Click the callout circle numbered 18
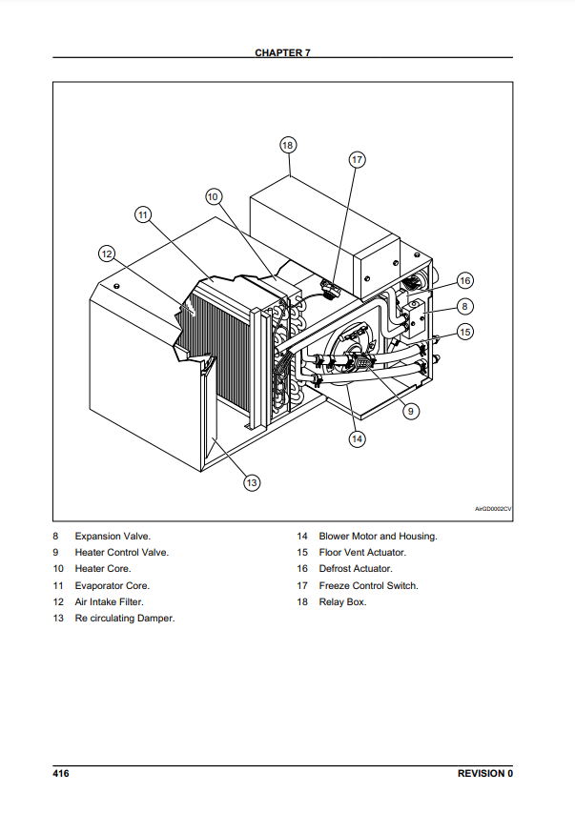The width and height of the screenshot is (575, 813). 288,145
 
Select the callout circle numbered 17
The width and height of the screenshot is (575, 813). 357,159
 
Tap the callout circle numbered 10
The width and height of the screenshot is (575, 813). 214,195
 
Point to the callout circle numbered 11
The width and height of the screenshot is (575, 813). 143,214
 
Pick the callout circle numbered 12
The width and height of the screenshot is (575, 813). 107,254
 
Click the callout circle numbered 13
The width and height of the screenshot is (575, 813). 251,482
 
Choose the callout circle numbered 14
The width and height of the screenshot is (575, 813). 357,439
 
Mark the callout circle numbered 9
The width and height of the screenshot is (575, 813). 409,411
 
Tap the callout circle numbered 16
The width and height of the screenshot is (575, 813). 464,281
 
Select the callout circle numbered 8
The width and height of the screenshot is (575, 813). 464,306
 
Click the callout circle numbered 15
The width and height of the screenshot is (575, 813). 464,332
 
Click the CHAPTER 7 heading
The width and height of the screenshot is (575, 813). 282,52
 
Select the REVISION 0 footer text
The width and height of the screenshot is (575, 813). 485,773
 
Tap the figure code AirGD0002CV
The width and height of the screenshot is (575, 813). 493,509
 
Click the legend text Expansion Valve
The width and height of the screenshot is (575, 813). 113,537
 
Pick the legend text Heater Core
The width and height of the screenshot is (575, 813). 103,569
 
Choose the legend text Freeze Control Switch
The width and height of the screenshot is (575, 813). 368,585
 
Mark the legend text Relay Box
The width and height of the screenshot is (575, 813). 342,601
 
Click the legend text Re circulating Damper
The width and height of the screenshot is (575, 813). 125,619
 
